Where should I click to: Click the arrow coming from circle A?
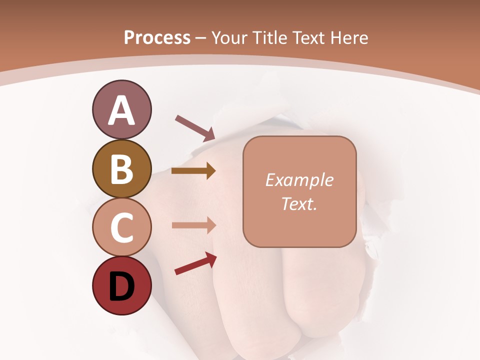195,128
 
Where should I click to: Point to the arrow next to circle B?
193,171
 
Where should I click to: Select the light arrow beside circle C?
193,225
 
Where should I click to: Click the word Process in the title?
157,38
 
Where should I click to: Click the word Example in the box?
299,180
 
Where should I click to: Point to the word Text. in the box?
299,203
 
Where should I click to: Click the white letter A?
121,110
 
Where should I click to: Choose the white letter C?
121,227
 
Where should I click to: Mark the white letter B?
121,169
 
